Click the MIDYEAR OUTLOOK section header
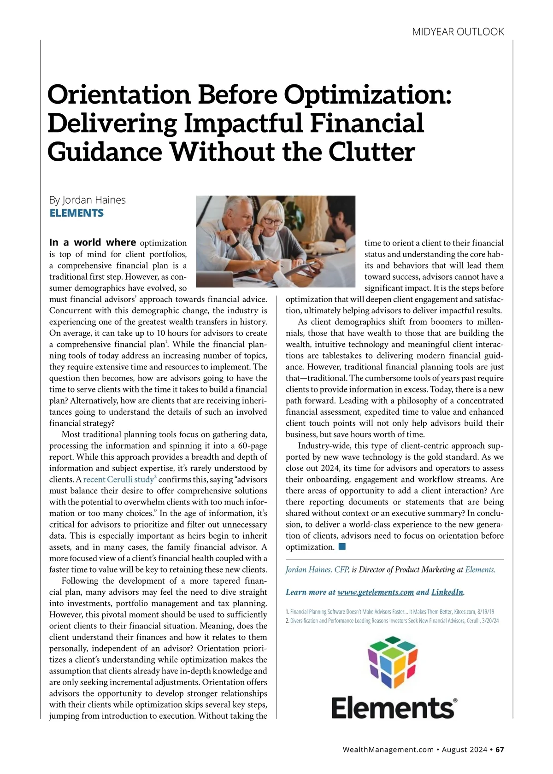tap(458, 32)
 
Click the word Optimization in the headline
tap(367, 94)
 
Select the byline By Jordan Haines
tap(87, 200)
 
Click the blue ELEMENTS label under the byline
tap(76, 213)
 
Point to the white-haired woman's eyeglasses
tap(273, 222)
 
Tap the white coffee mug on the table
tap(286, 265)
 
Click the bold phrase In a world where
tap(93, 242)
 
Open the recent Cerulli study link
tap(118, 480)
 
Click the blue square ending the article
tap(342, 547)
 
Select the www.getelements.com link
tap(376, 592)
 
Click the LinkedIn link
tap(447, 592)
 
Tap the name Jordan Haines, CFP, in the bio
tap(318, 570)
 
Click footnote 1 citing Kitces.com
tap(390, 612)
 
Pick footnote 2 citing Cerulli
tap(392, 621)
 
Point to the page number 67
tap(500, 750)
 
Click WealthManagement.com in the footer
tap(388, 750)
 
